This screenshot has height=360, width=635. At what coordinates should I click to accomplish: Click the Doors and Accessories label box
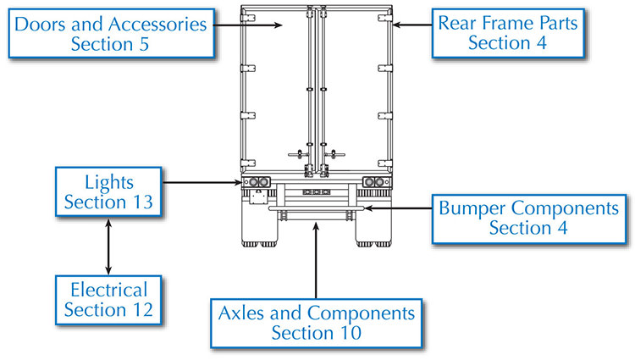click(x=111, y=33)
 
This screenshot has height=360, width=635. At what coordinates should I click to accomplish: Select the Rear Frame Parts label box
click(x=507, y=33)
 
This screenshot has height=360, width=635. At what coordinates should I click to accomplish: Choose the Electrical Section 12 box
click(x=108, y=300)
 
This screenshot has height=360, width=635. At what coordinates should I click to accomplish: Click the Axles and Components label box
click(x=316, y=323)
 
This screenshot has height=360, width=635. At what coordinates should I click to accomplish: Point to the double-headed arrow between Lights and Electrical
click(x=108, y=246)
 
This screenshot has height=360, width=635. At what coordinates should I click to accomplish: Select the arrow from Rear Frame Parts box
click(x=411, y=25)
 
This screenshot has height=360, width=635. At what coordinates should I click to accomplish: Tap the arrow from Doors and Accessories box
click(x=257, y=25)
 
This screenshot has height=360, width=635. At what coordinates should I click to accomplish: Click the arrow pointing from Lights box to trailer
click(x=200, y=182)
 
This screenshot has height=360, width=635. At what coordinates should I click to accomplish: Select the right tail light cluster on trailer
click(x=374, y=182)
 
